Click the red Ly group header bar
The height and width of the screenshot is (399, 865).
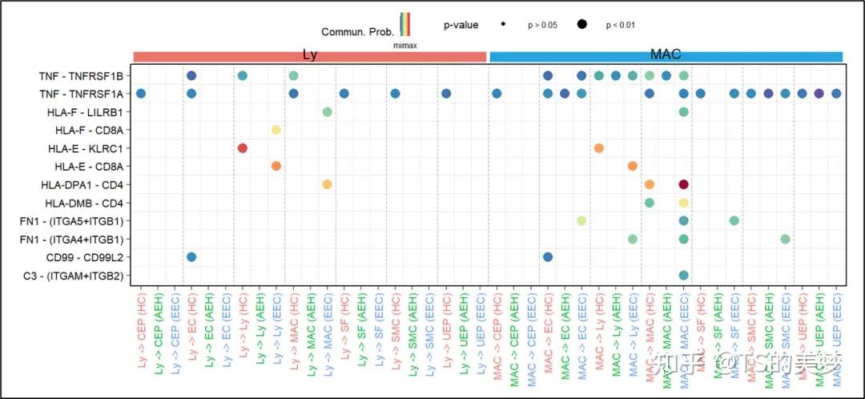(x=310, y=56)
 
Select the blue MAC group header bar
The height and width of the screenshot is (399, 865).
(x=666, y=56)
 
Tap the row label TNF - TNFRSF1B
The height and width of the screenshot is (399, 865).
(x=81, y=76)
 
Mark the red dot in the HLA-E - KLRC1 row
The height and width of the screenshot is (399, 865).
(x=242, y=148)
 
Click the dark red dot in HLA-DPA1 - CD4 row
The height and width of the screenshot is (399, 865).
(x=683, y=184)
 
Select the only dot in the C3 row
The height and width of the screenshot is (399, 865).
(x=683, y=275)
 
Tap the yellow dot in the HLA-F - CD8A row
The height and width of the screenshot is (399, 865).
(x=276, y=130)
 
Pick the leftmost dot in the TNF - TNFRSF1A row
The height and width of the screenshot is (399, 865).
(x=141, y=94)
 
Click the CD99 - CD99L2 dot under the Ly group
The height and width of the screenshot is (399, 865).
(x=191, y=257)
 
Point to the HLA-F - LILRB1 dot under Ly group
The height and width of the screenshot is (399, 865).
(x=327, y=111)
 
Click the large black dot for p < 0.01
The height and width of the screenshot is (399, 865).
(x=581, y=25)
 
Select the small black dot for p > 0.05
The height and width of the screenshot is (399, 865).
(x=503, y=25)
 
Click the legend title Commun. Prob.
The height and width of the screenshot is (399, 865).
(x=357, y=32)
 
